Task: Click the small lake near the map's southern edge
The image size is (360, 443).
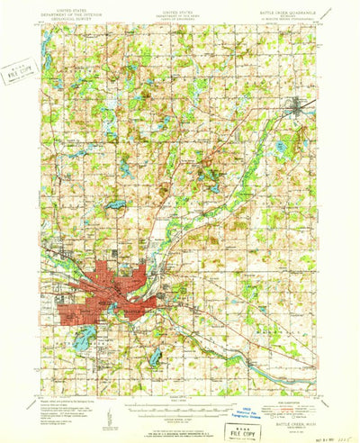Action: point(157,357)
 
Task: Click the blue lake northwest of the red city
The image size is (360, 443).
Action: point(116,204)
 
